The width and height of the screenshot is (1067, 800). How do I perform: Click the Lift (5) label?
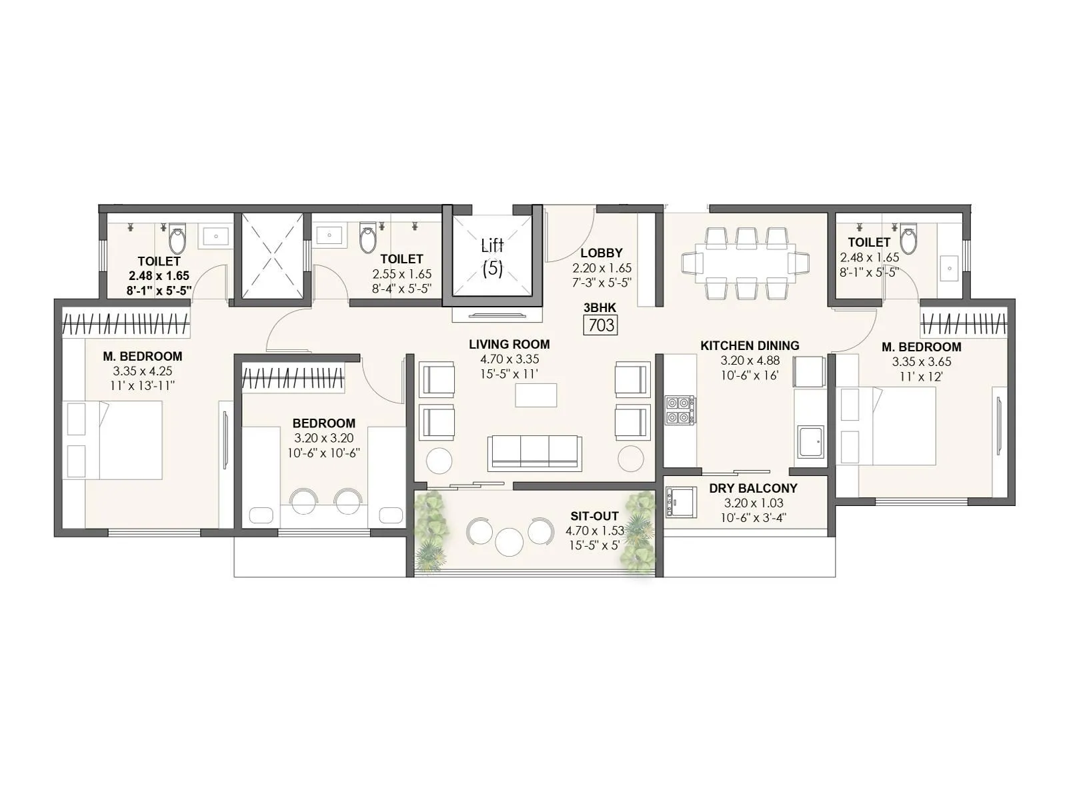pyautogui.click(x=493, y=257)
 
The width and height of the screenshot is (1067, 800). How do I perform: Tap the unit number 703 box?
pyautogui.click(x=600, y=325)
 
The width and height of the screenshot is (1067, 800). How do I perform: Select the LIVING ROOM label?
pyautogui.click(x=509, y=344)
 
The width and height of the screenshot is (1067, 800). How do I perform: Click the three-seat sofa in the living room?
pyautogui.click(x=534, y=451)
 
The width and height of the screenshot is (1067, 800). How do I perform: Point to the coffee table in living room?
pyautogui.click(x=536, y=395)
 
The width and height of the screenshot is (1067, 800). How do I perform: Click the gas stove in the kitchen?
pyautogui.click(x=680, y=410)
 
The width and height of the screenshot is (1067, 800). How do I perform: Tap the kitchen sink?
pyautogui.click(x=811, y=443)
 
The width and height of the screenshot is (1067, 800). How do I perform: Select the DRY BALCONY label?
pyautogui.click(x=753, y=489)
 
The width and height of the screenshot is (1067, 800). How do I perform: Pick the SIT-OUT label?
pyautogui.click(x=594, y=516)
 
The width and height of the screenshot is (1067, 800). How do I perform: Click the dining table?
pyautogui.click(x=744, y=261)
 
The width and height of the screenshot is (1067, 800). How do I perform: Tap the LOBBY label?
pyautogui.click(x=601, y=253)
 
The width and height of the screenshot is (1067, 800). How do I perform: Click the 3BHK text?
pyautogui.click(x=600, y=308)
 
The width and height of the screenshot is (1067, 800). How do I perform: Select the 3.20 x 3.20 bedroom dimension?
pyautogui.click(x=323, y=438)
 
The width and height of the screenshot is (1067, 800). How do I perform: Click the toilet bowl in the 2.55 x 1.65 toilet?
pyautogui.click(x=367, y=237)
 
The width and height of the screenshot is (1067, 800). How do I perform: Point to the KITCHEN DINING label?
pyautogui.click(x=750, y=345)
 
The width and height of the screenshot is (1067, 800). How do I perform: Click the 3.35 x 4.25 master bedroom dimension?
pyautogui.click(x=142, y=371)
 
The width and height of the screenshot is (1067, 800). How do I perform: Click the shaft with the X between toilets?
pyautogui.click(x=272, y=257)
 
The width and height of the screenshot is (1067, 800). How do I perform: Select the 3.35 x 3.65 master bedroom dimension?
pyautogui.click(x=921, y=361)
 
